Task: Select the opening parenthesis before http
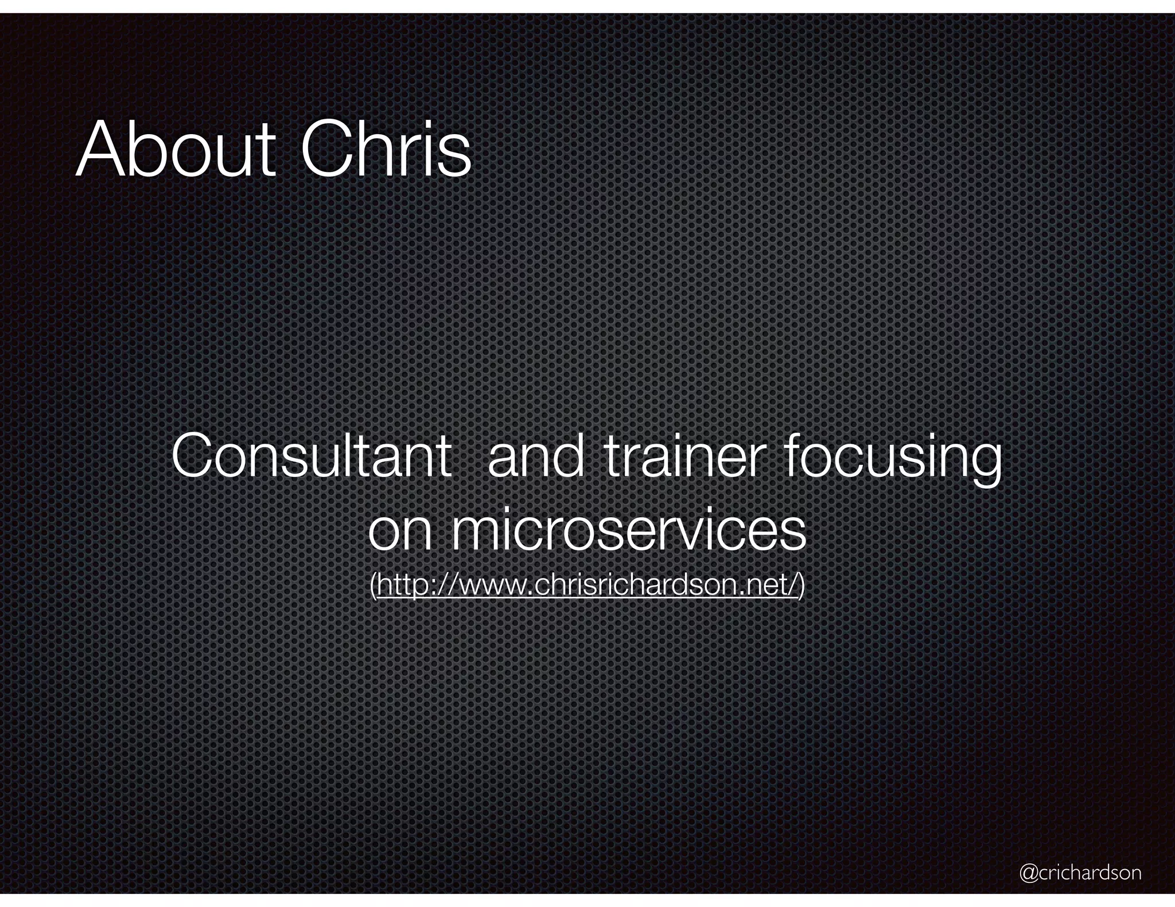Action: click(x=373, y=586)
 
